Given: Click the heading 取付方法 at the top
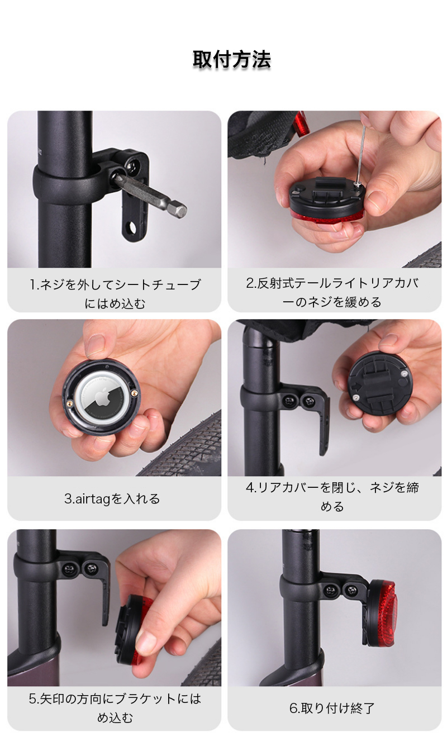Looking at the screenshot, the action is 232,60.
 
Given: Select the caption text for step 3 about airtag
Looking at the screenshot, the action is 112,499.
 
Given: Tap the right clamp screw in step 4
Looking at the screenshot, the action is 308,401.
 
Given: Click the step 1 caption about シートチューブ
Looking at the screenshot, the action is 115,294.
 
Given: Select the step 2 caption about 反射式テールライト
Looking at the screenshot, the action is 332,292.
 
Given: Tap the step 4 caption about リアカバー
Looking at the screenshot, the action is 332,497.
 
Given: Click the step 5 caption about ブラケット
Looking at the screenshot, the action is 115,708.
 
